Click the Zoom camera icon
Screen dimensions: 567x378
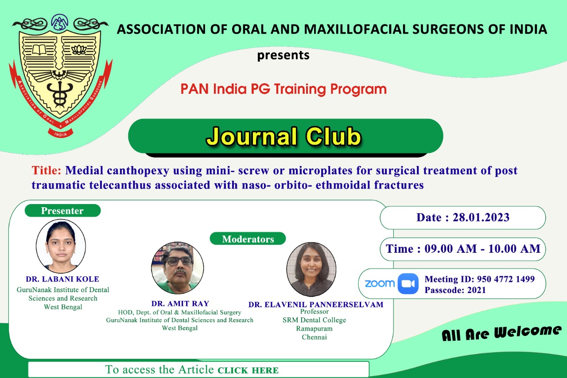[408, 284]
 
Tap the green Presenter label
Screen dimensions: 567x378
[62, 211]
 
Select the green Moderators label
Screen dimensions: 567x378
[248, 239]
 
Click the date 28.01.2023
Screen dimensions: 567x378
[481, 217]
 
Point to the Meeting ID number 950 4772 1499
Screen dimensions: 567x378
[506, 279]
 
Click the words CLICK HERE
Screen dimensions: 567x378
[248, 370]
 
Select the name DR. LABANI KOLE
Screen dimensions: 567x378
[62, 279]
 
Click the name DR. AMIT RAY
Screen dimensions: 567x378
[180, 303]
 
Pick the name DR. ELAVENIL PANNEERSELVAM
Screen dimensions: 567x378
[316, 305]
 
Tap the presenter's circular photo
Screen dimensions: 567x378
[61, 246]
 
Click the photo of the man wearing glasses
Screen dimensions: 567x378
[178, 268]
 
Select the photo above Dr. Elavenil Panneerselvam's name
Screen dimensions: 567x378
[311, 269]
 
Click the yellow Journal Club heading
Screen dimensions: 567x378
[284, 137]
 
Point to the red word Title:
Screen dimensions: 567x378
[47, 170]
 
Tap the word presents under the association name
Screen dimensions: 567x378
[283, 55]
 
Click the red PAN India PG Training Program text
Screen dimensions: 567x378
[283, 89]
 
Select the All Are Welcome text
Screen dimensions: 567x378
[501, 333]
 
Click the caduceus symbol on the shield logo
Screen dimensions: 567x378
[60, 93]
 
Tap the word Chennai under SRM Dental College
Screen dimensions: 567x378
[314, 337]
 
